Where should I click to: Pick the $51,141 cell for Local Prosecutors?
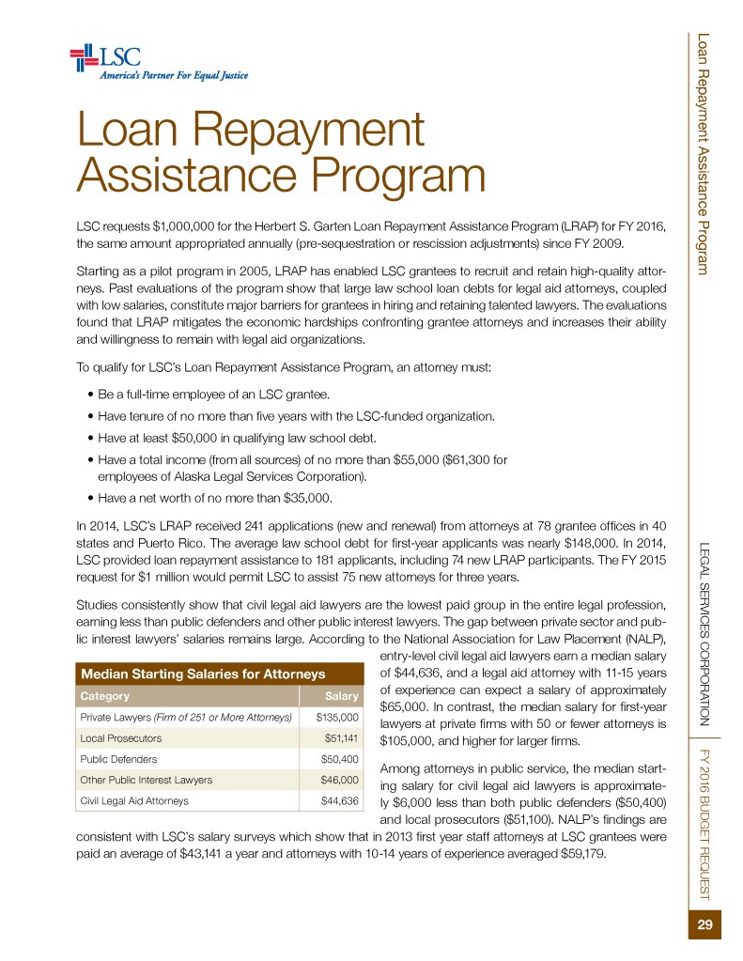341,738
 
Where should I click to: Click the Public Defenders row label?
119,759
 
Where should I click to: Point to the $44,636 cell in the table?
340,800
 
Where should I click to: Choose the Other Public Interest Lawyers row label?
147,780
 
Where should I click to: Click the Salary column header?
341,696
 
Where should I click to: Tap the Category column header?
105,696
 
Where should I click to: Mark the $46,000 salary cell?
340,780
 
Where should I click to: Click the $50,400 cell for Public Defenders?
340,759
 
